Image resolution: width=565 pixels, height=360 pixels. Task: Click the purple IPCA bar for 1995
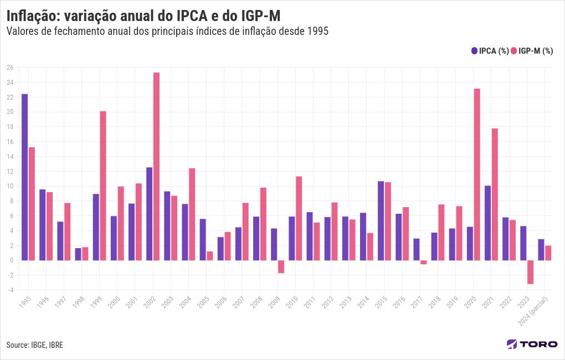[24, 177]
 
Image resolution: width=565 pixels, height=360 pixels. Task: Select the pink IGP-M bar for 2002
[156, 166]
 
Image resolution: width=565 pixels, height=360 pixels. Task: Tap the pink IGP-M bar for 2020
[477, 174]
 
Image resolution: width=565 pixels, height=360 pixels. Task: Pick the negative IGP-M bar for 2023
[530, 272]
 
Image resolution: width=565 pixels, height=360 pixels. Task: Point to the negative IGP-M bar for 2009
[281, 266]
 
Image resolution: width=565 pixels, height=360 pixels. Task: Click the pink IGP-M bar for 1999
[103, 186]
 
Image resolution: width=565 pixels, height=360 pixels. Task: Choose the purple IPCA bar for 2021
[487, 223]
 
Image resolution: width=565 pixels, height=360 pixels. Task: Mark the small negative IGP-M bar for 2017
[424, 263]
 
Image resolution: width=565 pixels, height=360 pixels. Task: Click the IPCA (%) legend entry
[490, 51]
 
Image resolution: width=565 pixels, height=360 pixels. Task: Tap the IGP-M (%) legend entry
[532, 51]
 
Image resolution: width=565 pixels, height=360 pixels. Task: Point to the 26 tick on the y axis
[10, 68]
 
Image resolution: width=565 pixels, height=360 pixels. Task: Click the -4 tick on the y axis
[10, 290]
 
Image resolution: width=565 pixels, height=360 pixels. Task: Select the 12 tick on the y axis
[10, 171]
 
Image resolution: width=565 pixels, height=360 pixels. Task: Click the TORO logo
[532, 344]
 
